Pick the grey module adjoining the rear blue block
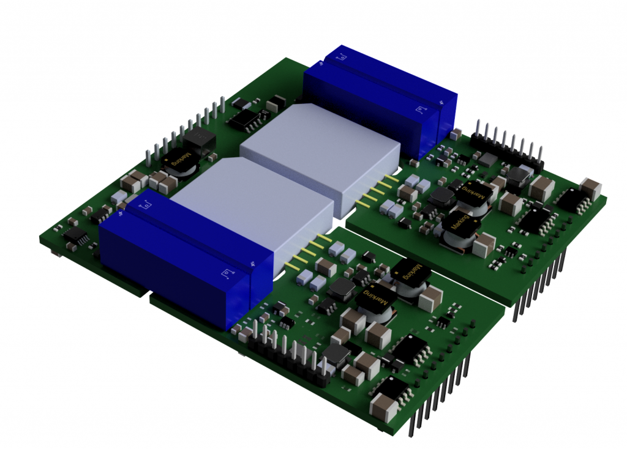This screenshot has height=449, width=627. click(320, 156)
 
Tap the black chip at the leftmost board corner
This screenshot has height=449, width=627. click(75, 236)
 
